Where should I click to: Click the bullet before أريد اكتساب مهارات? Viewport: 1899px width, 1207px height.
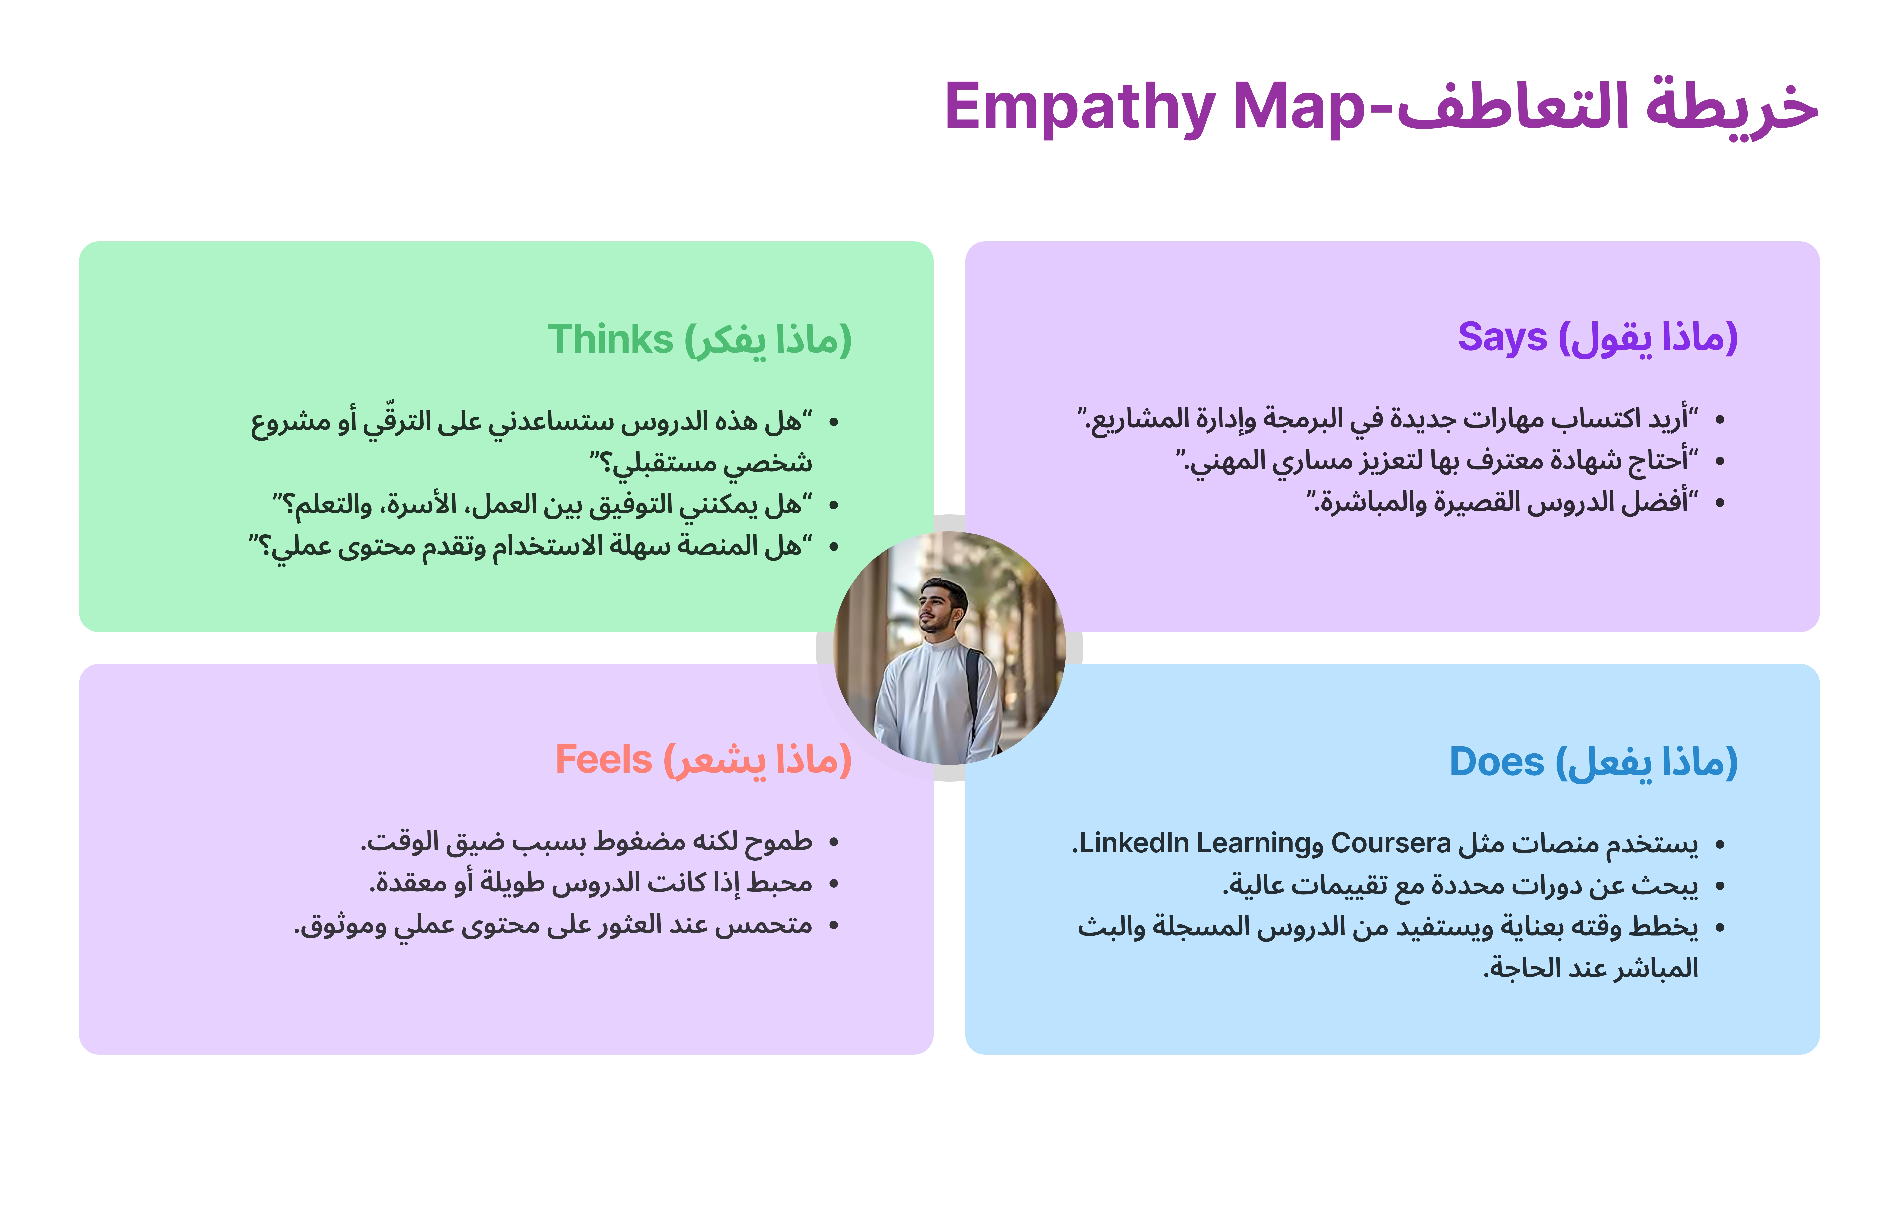(1720, 420)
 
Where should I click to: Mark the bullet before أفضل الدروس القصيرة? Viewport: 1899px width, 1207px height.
(1720, 503)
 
